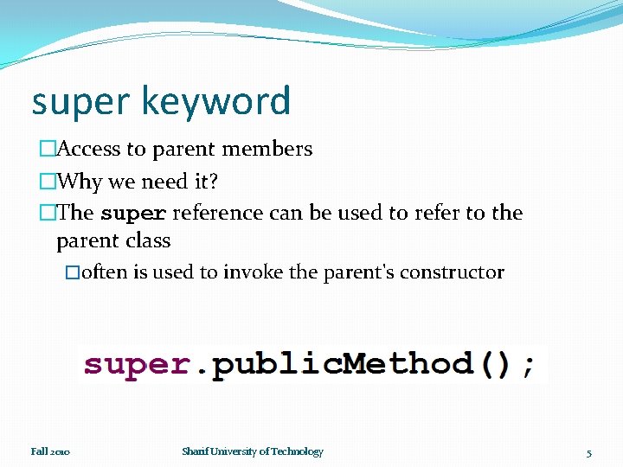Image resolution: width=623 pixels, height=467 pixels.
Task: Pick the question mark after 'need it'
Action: [x=214, y=182]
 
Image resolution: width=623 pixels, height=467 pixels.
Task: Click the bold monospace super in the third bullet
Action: [x=133, y=213]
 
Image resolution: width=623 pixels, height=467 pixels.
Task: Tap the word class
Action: [x=148, y=240]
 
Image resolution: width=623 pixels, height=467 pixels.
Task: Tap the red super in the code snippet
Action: [x=137, y=364]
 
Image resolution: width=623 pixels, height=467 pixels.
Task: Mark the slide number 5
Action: [x=589, y=452]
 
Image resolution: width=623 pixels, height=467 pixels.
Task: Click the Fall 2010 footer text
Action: [x=51, y=451]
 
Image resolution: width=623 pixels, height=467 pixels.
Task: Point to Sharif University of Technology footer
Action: [x=253, y=451]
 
